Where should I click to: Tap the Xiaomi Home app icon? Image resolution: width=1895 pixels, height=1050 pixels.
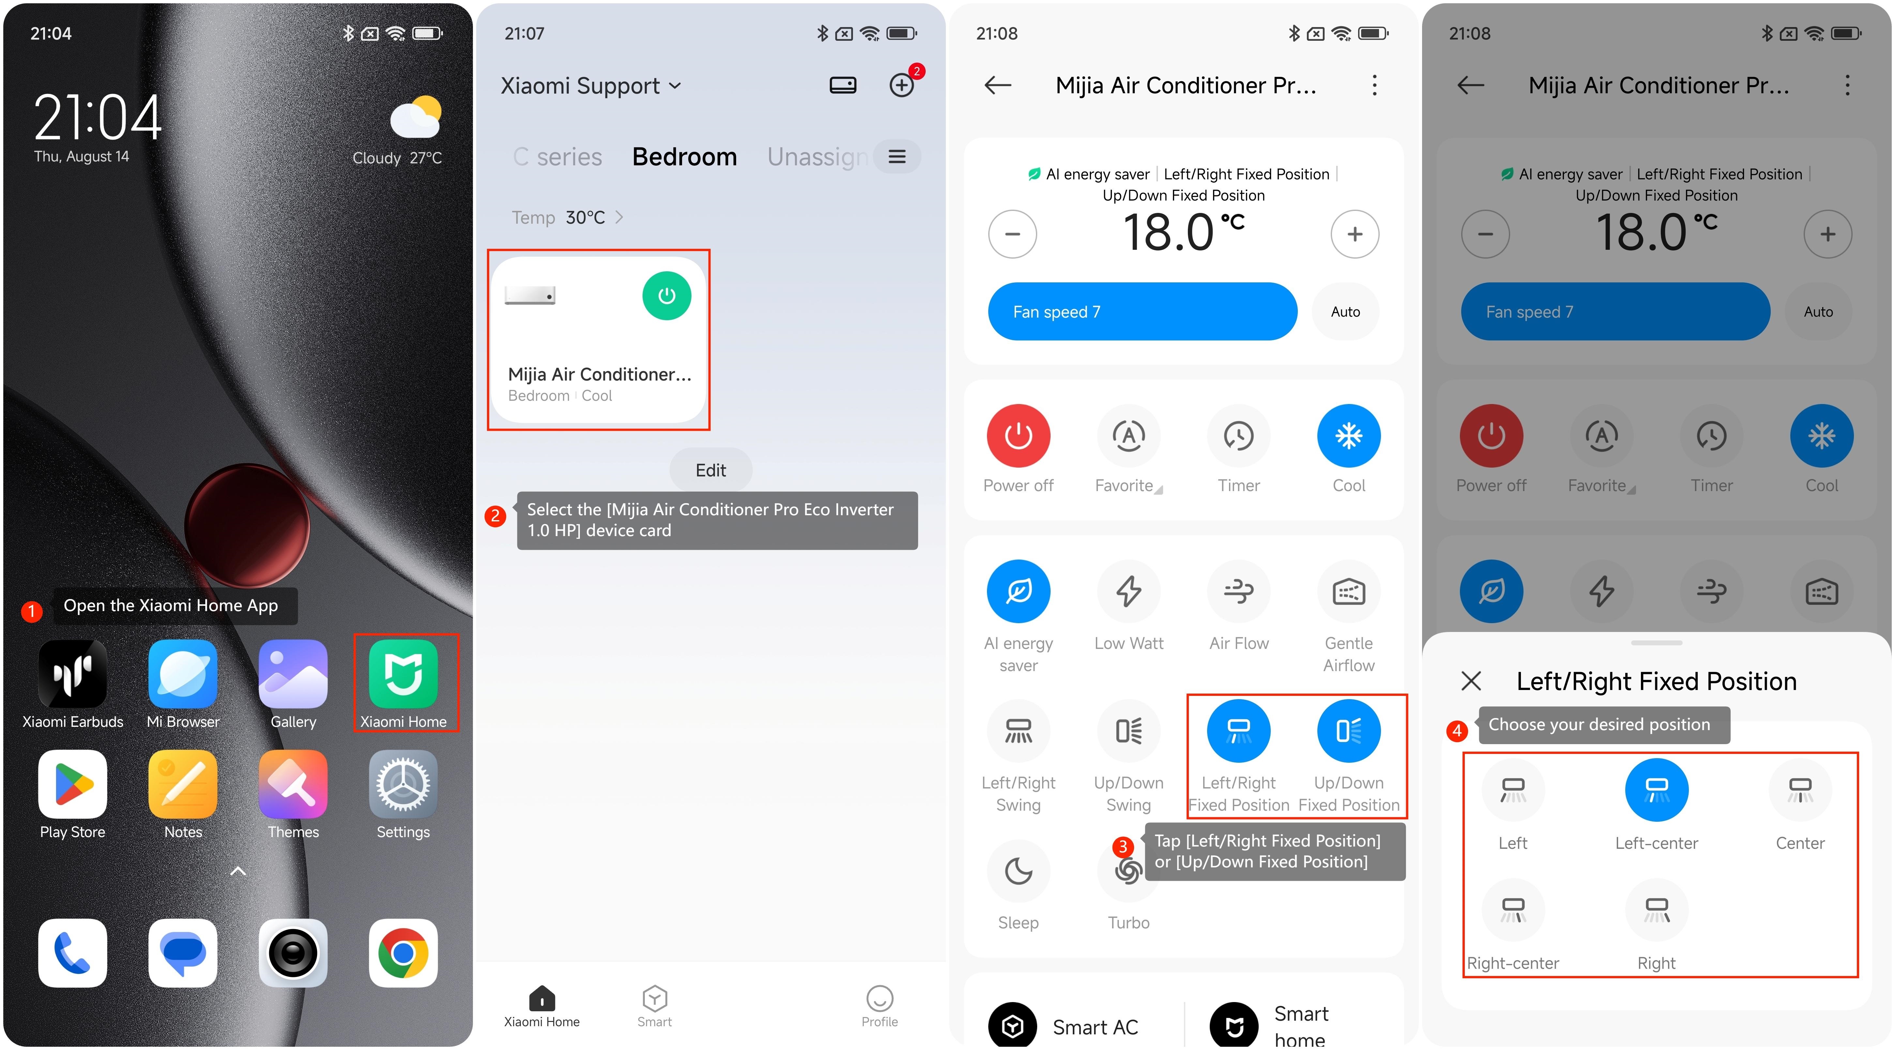(x=403, y=673)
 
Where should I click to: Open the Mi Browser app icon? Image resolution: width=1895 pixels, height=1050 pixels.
(x=182, y=673)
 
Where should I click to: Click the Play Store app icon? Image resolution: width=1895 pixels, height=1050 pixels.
(x=72, y=784)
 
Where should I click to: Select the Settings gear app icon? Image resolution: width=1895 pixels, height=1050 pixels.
(x=403, y=784)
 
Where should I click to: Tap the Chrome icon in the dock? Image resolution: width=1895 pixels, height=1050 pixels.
(x=403, y=953)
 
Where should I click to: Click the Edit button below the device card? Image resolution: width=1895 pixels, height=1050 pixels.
(x=711, y=470)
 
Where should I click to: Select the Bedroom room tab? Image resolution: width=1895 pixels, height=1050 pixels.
(x=684, y=157)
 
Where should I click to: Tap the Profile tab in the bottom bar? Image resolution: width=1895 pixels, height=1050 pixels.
(x=879, y=1006)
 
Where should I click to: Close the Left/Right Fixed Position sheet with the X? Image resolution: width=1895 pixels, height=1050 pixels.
(x=1471, y=681)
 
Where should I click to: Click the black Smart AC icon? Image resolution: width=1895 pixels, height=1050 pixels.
(x=1012, y=1026)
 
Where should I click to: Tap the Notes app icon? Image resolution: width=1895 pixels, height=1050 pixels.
(x=182, y=784)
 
